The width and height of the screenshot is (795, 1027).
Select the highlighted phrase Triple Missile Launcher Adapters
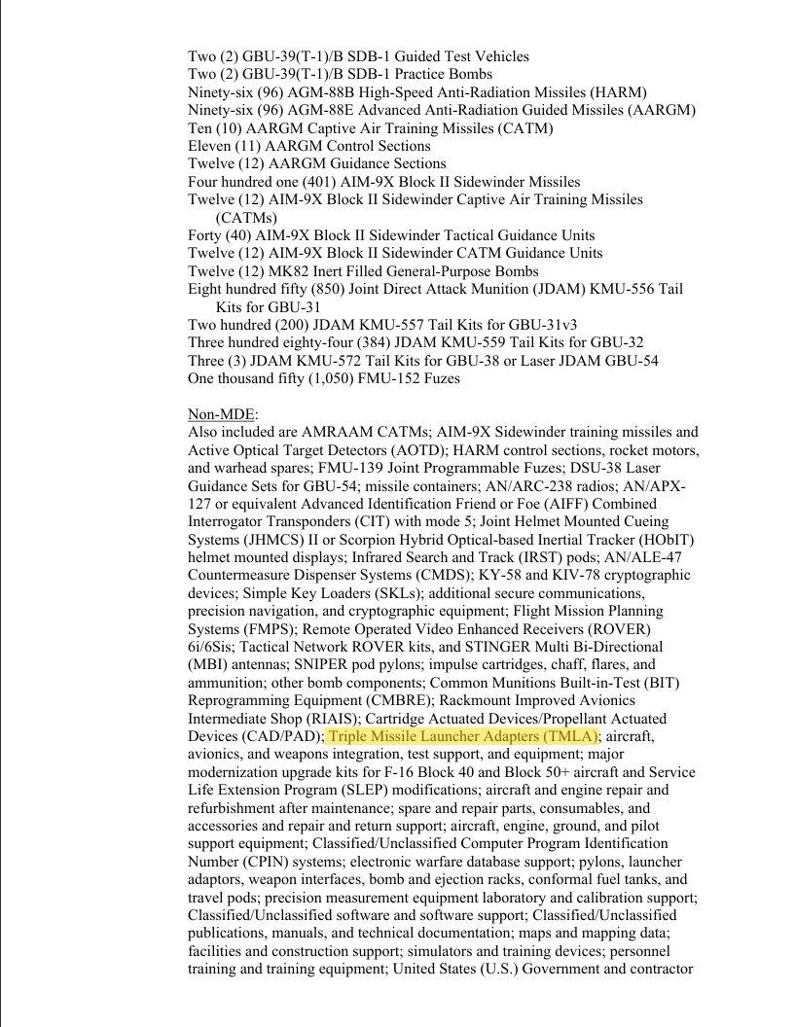[462, 736]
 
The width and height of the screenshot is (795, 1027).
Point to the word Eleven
[211, 146]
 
